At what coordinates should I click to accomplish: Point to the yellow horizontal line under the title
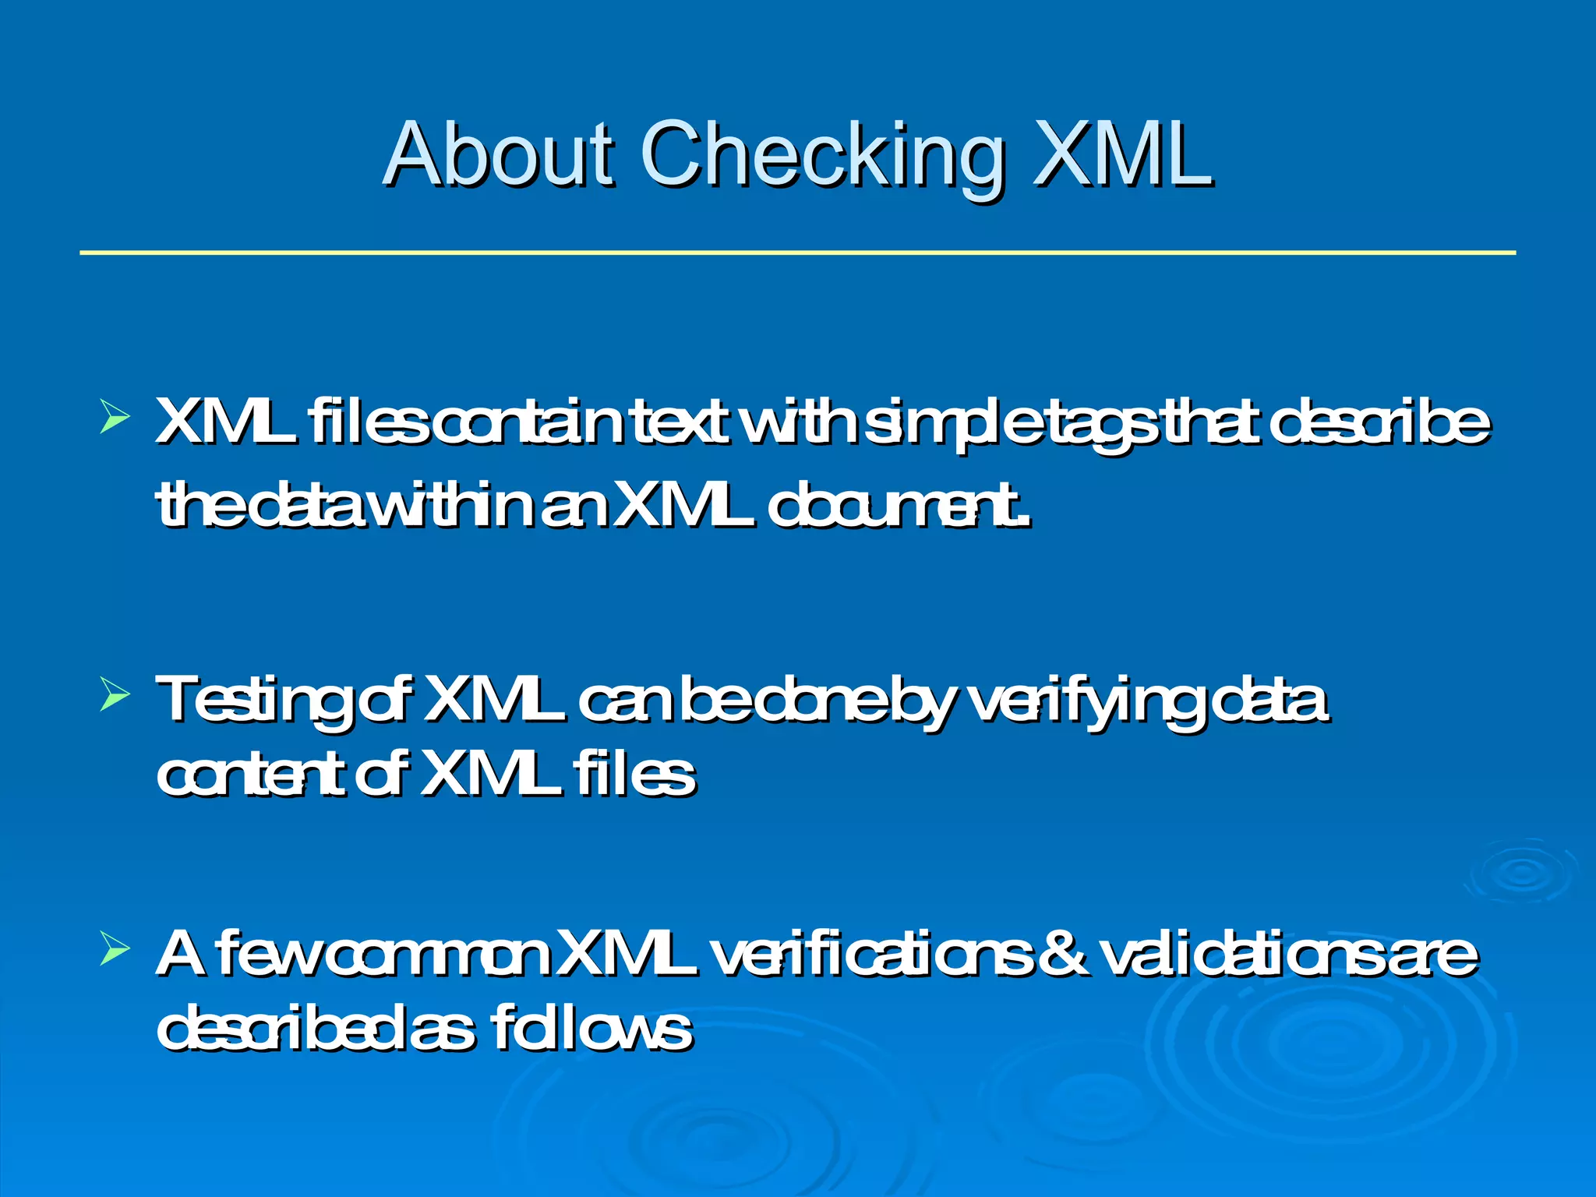798,252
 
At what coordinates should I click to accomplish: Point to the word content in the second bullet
249,775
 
